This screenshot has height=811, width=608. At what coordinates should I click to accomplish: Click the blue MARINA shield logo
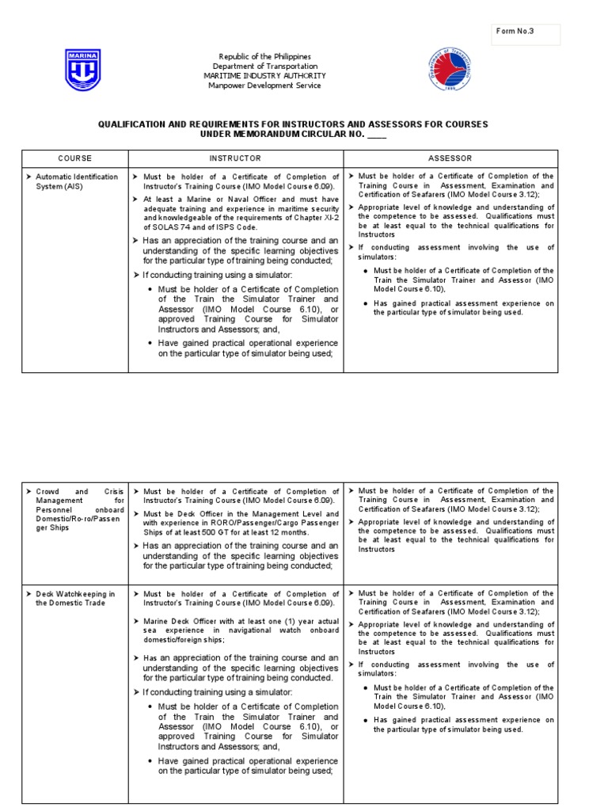point(83,70)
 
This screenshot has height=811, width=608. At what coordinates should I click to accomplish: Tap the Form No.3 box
point(525,34)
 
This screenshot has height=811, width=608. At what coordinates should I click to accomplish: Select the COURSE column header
point(75,158)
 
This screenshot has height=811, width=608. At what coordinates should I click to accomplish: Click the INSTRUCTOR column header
point(235,158)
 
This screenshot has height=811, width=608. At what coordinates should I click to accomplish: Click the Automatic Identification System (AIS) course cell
point(76,181)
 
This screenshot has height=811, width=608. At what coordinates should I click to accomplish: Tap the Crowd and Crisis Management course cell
point(76,511)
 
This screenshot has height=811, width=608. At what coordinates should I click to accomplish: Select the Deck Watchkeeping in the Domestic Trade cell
point(76,598)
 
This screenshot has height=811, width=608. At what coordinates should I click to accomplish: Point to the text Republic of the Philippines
point(264,56)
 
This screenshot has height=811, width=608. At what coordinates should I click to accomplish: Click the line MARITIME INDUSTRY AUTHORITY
point(264,76)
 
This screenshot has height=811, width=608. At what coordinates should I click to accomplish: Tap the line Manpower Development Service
point(264,86)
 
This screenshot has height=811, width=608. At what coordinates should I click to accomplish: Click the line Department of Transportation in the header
point(264,67)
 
